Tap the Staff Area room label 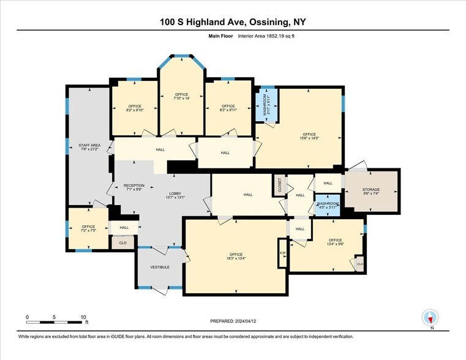[89, 147]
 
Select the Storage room [370, 191]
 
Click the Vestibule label [160, 267]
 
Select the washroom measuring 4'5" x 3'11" [328, 204]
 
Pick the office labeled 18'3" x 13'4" [236, 256]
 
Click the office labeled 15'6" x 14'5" [309, 136]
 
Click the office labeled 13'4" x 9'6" [335, 242]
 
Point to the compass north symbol [430, 317]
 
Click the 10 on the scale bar [83, 317]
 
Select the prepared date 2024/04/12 [232, 321]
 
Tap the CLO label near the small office [122, 242]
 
